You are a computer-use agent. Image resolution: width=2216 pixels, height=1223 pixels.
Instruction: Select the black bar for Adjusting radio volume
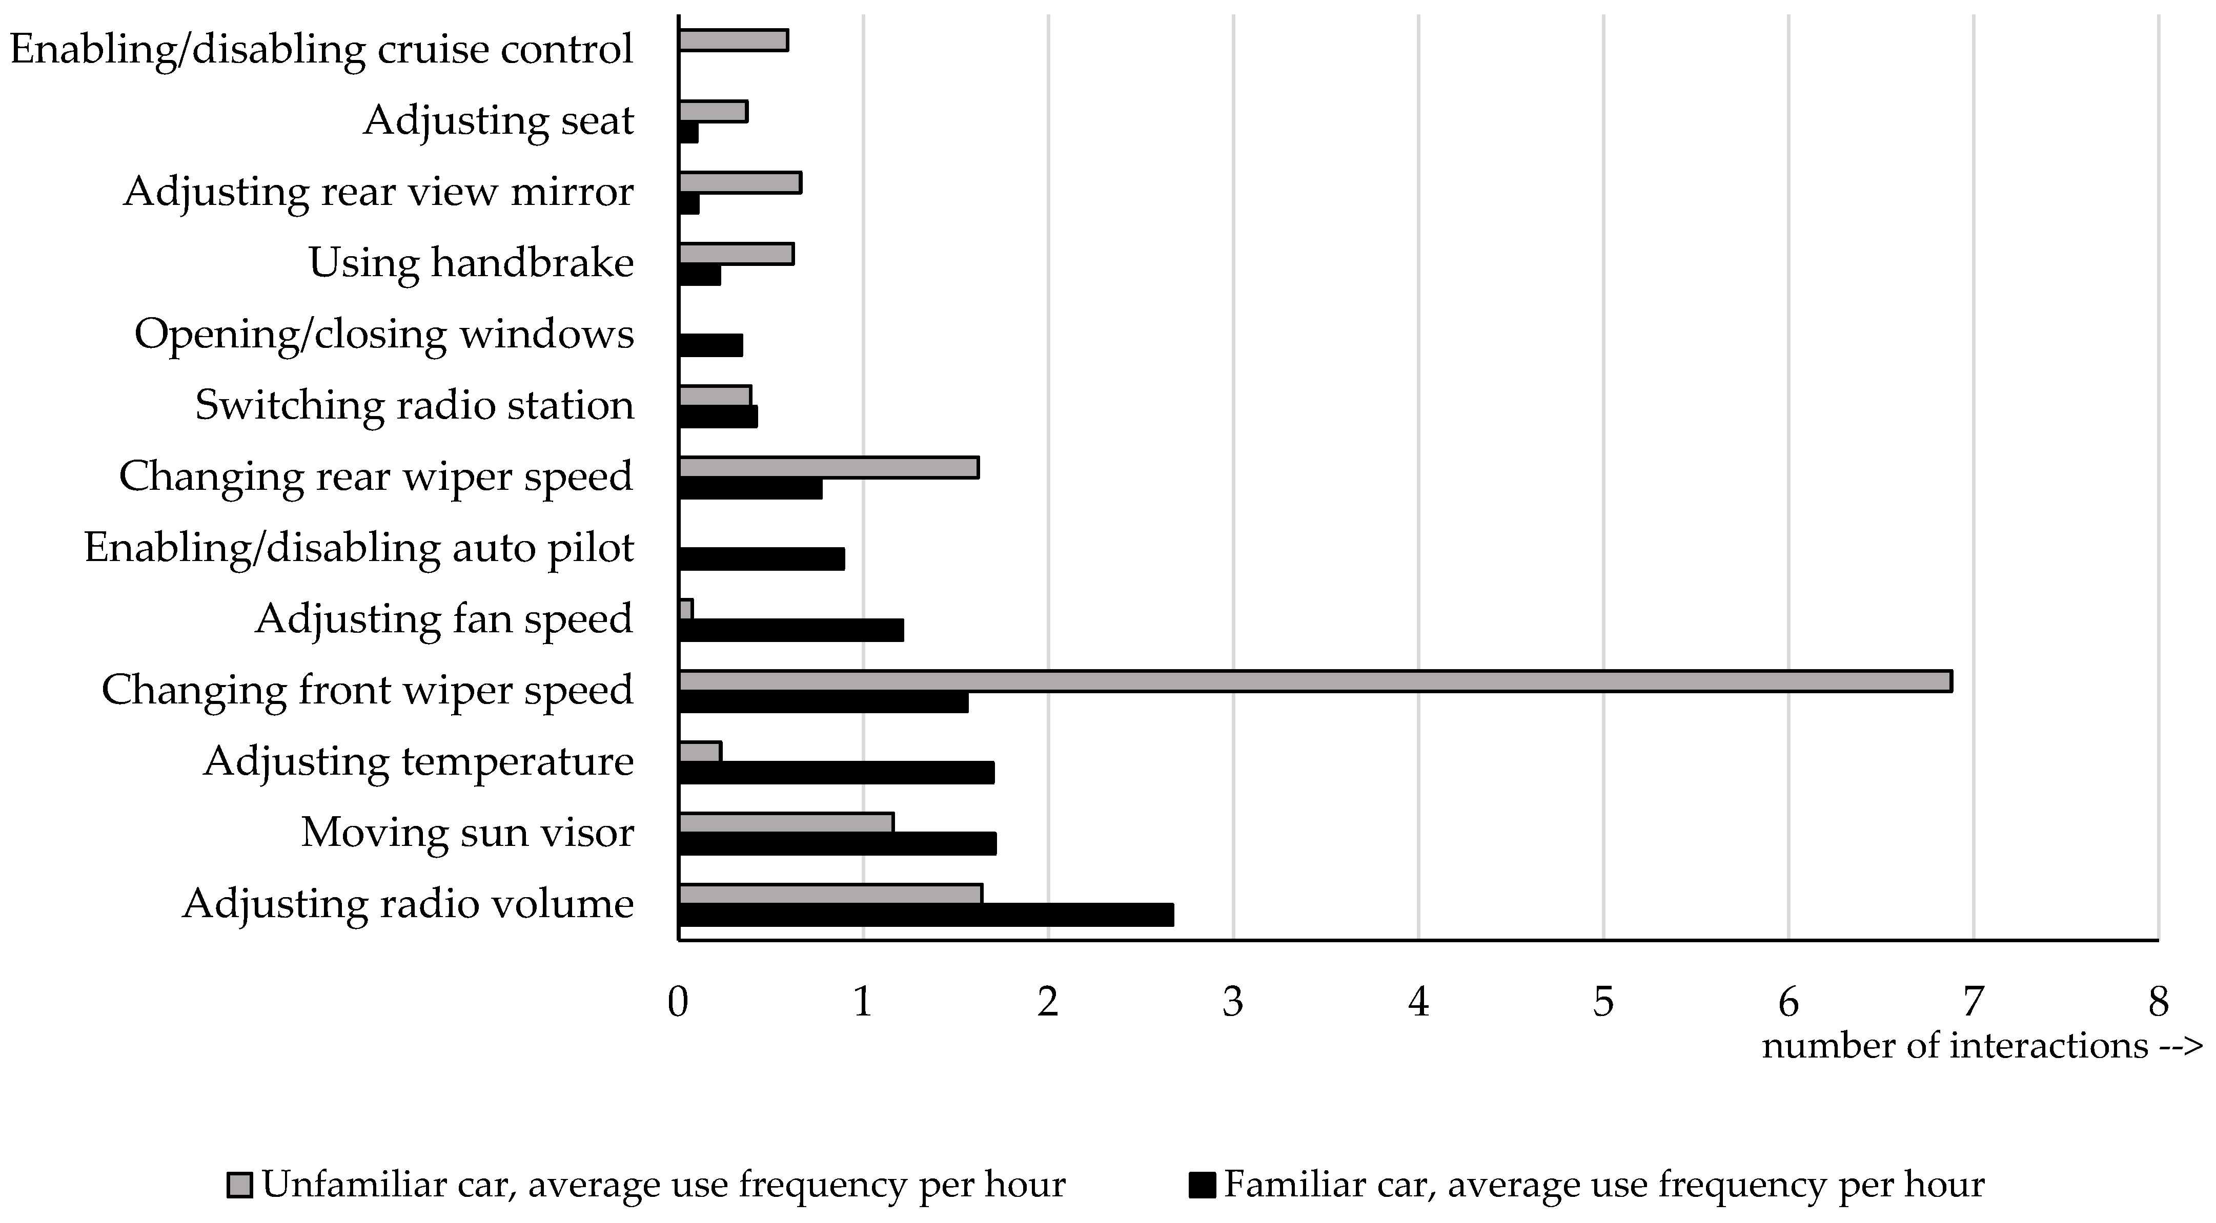tap(926, 915)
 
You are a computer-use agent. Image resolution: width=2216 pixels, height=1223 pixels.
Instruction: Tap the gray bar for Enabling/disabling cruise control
tap(733, 40)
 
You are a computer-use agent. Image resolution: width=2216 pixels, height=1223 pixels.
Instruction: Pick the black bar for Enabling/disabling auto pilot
tap(761, 559)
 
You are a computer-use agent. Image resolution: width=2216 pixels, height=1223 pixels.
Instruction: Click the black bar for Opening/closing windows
tap(710, 345)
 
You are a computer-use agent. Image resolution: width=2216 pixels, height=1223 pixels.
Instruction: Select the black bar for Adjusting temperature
tap(836, 772)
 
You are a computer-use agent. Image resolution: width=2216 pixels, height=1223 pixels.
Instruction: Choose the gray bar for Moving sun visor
tap(786, 823)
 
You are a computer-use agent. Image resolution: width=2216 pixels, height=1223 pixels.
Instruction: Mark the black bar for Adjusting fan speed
tap(790, 630)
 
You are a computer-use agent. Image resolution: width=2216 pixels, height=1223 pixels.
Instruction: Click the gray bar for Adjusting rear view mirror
tap(740, 182)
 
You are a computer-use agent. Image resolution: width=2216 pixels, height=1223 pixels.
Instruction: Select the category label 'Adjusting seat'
tap(498, 120)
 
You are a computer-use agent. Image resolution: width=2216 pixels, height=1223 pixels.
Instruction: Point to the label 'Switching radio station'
tap(415, 406)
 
